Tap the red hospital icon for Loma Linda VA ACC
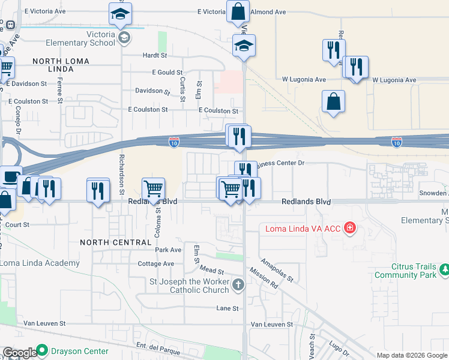point(350,228)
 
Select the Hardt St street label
point(155,55)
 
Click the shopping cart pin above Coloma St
point(154,188)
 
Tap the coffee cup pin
point(10,177)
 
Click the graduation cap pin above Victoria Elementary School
point(121,14)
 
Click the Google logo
point(20,353)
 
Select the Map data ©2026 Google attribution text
point(411,355)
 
